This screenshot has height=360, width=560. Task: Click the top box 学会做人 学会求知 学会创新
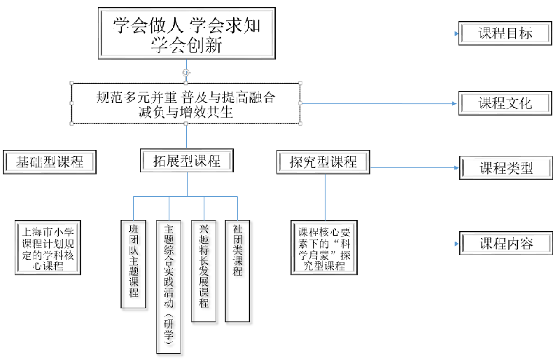click(185, 35)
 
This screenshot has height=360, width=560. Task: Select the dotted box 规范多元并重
click(185, 104)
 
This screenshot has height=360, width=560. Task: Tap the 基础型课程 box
click(49, 162)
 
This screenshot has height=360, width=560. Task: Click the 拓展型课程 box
click(186, 161)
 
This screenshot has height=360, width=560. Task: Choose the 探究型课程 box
click(323, 162)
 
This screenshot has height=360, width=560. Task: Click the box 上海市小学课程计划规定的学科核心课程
click(48, 247)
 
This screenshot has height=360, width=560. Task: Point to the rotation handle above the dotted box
click(185, 72)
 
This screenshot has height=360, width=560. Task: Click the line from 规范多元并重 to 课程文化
click(378, 103)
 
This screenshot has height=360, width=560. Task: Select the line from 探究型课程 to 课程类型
click(413, 167)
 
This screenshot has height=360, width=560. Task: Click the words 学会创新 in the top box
click(185, 46)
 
